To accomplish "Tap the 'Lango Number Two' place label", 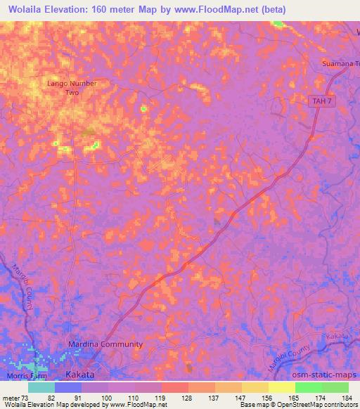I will (x=72, y=87).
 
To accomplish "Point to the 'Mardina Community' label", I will (x=105, y=344).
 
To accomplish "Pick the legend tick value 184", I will (x=347, y=398).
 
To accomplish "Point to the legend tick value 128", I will (x=187, y=398).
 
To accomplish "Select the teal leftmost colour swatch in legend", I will (x=41, y=387).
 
